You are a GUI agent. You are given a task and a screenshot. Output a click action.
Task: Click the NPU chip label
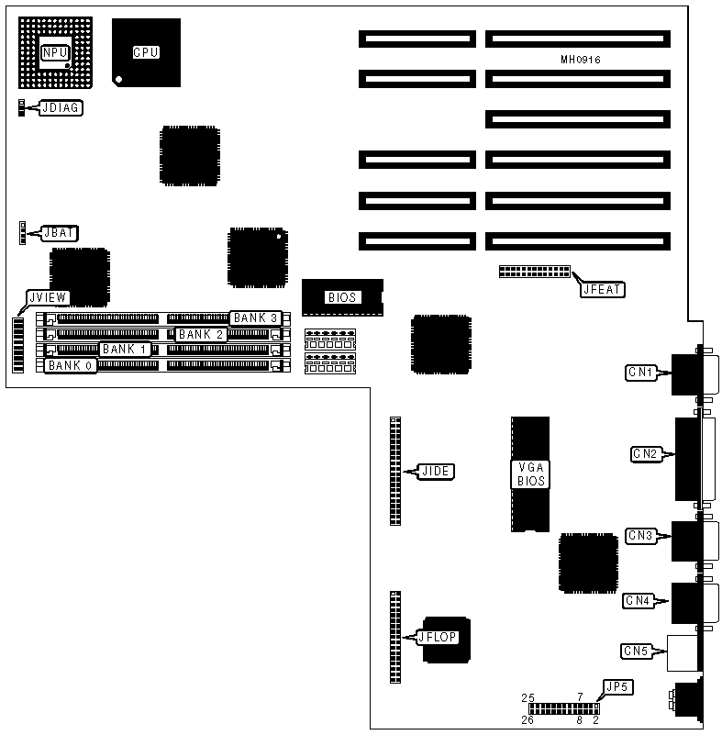click(x=54, y=53)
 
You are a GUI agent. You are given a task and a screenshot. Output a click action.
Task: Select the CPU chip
click(x=146, y=53)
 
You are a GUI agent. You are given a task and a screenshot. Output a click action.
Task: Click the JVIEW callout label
click(x=47, y=298)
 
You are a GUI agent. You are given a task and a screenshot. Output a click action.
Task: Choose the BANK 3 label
click(x=255, y=317)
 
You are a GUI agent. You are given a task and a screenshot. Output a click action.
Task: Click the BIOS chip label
click(x=341, y=297)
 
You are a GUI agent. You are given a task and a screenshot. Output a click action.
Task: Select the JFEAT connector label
click(x=602, y=289)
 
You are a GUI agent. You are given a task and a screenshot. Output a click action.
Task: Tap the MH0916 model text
click(x=581, y=60)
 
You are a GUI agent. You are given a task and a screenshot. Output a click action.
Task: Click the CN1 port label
click(x=639, y=373)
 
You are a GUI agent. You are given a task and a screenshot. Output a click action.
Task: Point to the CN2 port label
click(x=645, y=453)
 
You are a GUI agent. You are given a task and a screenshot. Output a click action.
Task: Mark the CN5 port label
click(x=636, y=651)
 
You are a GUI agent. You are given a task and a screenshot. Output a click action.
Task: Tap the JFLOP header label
click(x=439, y=636)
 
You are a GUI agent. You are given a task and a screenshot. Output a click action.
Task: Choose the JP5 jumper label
click(x=617, y=685)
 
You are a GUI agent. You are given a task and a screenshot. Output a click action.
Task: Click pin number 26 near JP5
click(x=528, y=720)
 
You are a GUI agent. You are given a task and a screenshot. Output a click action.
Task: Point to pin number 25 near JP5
click(x=528, y=698)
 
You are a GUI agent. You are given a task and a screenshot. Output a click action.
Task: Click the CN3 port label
click(x=639, y=535)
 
